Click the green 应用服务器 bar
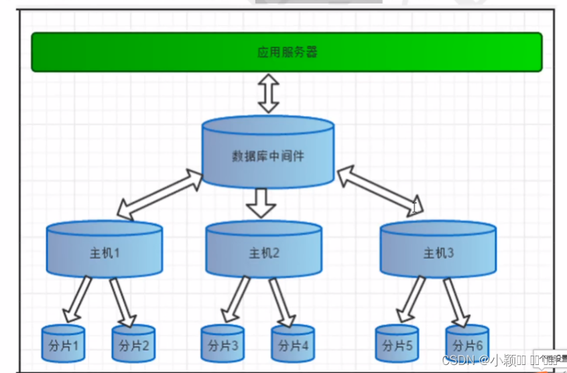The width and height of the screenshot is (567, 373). click(286, 52)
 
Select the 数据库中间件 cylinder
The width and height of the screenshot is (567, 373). click(267, 155)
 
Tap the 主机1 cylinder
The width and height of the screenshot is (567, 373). click(104, 252)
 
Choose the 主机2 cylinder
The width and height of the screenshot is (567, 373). click(263, 253)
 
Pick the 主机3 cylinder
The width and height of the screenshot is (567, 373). click(438, 252)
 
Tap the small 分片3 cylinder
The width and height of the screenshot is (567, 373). click(223, 345)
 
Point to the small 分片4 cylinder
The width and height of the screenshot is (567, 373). click(293, 345)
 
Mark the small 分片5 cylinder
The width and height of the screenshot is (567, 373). click(397, 345)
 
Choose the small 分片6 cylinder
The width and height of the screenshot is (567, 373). click(467, 345)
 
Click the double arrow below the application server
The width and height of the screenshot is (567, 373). click(269, 94)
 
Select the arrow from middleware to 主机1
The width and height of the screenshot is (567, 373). click(160, 194)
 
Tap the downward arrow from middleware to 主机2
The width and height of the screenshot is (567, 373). click(261, 202)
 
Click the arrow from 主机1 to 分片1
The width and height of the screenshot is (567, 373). click(80, 298)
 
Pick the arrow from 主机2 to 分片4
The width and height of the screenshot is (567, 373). click(283, 301)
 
